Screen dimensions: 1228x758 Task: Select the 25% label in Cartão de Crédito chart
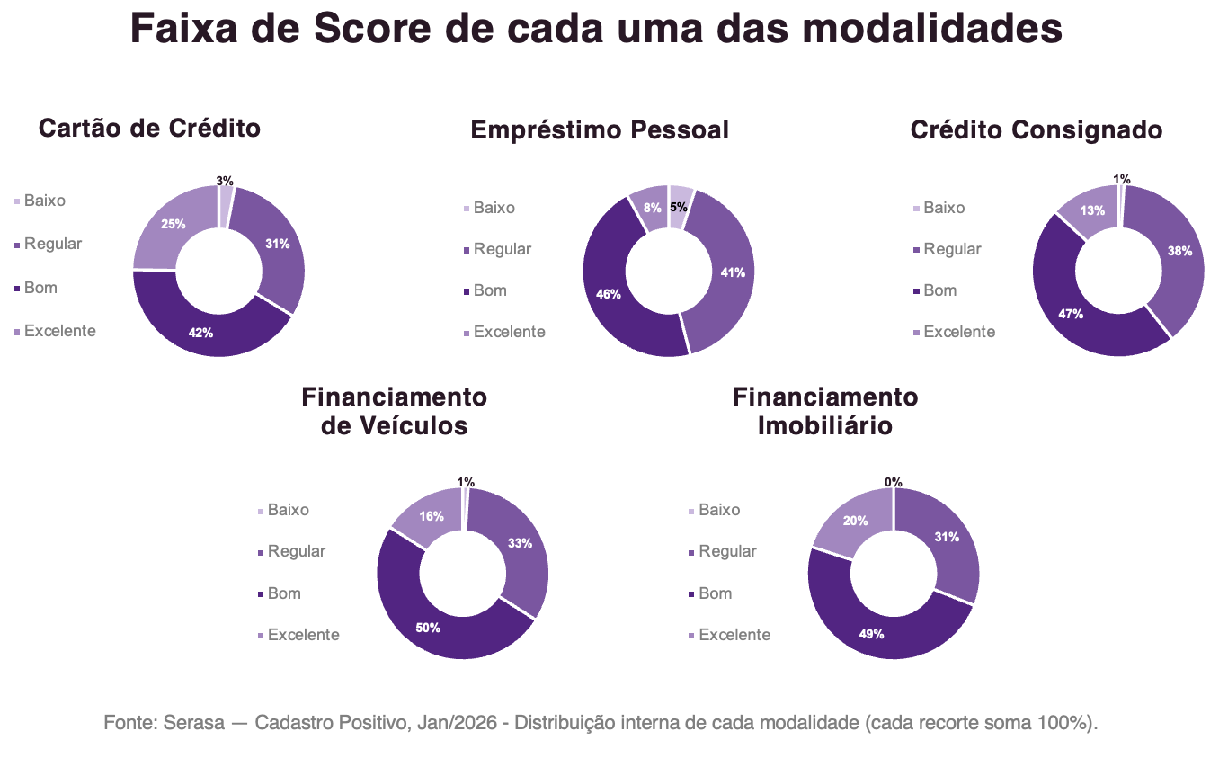pos(174,224)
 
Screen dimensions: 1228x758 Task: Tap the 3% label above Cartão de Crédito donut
pos(225,181)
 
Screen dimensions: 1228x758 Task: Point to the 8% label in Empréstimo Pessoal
pos(653,208)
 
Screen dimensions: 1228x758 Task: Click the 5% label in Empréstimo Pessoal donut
pos(679,208)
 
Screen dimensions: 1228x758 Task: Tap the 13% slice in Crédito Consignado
pos(1091,210)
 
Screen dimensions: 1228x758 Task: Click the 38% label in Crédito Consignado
pos(1179,251)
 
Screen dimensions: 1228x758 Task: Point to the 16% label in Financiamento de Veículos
pos(432,516)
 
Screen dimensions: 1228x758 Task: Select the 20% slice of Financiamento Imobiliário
pos(855,520)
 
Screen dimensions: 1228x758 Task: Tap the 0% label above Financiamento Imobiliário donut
pos(894,482)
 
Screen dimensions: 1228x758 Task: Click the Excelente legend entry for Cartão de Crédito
pos(55,331)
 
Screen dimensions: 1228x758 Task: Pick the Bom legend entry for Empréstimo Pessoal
pos(485,290)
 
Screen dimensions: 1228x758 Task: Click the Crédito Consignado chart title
pos(1037,130)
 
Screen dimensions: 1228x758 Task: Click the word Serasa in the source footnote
pos(194,723)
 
